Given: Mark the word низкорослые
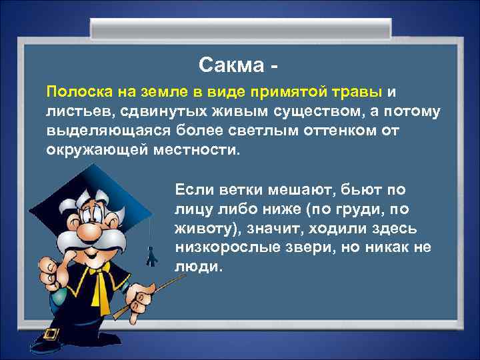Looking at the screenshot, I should [223, 247].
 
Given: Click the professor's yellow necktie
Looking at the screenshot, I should [100, 287].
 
